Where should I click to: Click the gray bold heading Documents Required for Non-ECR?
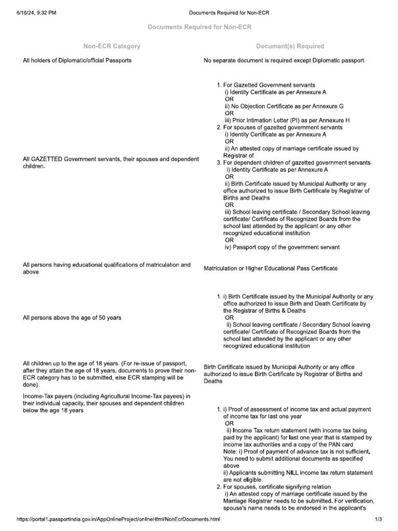(199, 27)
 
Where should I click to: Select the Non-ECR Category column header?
(111, 46)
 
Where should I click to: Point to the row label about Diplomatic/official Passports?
(77, 60)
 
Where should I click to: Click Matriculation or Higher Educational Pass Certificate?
(271, 268)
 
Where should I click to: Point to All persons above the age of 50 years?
(72, 317)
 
